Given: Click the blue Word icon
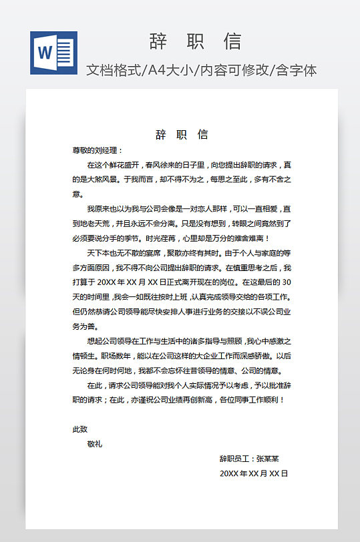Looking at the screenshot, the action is tap(53, 53).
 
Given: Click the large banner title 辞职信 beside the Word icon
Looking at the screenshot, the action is tap(194, 41).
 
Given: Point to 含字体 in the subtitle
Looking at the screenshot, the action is tap(295, 69).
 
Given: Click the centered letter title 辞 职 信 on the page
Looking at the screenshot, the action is tap(182, 135).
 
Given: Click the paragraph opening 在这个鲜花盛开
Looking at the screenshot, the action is tap(110, 164).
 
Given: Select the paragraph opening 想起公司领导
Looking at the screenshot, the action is tap(110, 341).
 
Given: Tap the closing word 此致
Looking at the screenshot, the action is tap(79, 429).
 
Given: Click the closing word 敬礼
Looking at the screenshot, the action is tap(95, 444).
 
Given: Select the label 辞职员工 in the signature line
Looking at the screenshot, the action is tap(234, 459).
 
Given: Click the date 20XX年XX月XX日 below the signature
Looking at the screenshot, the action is tap(253, 473).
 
